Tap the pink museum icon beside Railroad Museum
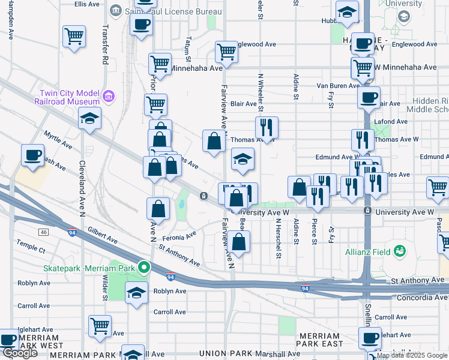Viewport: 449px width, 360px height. (x=108, y=96)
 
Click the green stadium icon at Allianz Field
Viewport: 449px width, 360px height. (x=399, y=251)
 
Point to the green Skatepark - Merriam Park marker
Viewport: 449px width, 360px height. (x=143, y=267)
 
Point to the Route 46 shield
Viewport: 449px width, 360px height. (x=43, y=232)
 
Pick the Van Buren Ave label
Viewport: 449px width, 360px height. (x=339, y=86)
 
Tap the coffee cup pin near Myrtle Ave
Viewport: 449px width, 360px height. (x=32, y=155)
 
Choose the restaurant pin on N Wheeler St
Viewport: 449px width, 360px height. (x=267, y=127)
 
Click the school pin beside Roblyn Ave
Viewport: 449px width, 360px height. (x=136, y=294)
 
